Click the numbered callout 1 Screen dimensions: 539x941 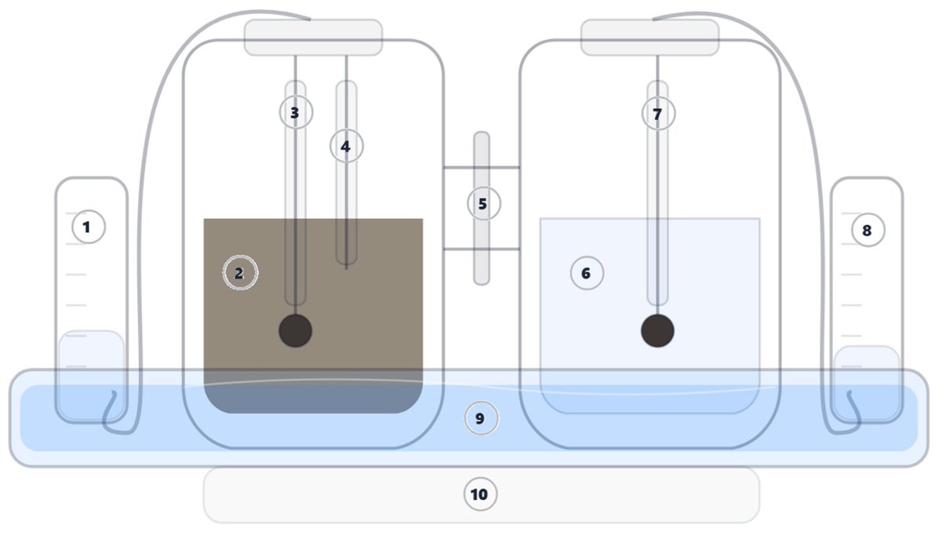pyautogui.click(x=88, y=228)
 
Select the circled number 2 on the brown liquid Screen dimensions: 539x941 pyautogui.click(x=240, y=273)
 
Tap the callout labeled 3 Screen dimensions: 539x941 pyautogui.click(x=295, y=113)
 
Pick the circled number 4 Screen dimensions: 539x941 pyautogui.click(x=346, y=146)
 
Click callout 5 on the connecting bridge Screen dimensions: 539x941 pyautogui.click(x=483, y=204)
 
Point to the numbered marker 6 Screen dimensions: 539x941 pyautogui.click(x=586, y=273)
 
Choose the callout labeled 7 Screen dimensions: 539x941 pyautogui.click(x=657, y=115)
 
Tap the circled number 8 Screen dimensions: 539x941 pyautogui.click(x=867, y=231)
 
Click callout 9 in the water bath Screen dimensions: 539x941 pyautogui.click(x=481, y=419)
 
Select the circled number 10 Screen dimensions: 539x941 pyautogui.click(x=479, y=494)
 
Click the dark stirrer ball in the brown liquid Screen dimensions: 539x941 pyautogui.click(x=296, y=330)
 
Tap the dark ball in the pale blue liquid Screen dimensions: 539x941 pyautogui.click(x=657, y=330)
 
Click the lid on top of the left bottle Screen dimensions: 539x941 pyautogui.click(x=314, y=38)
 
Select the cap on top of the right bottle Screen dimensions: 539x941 pyautogui.click(x=649, y=38)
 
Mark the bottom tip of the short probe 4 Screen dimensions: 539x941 pyautogui.click(x=347, y=268)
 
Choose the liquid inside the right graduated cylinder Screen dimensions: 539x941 pyautogui.click(x=867, y=369)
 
